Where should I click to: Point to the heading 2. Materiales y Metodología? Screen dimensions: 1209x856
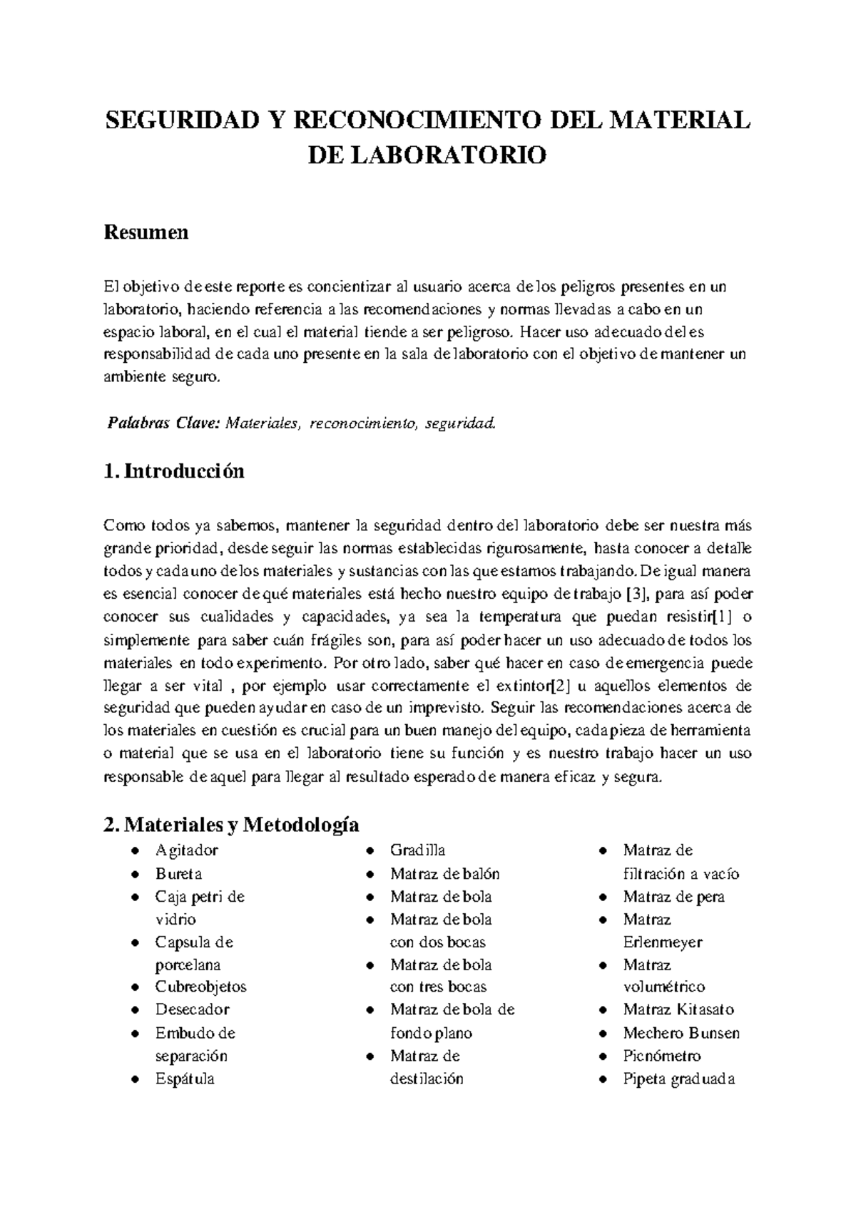click(230, 825)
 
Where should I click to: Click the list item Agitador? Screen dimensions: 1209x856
click(187, 850)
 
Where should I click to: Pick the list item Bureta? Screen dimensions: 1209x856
click(178, 873)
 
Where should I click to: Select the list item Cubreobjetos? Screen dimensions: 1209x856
click(200, 987)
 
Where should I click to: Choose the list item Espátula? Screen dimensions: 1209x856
click(185, 1079)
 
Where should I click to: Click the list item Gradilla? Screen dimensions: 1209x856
click(417, 850)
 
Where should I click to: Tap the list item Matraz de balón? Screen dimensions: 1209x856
click(444, 873)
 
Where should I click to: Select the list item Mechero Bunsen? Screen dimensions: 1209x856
click(681, 1033)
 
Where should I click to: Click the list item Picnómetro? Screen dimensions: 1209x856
click(661, 1056)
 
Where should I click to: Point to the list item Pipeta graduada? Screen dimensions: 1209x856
click(678, 1079)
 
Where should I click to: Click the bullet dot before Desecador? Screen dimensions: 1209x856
click(135, 1010)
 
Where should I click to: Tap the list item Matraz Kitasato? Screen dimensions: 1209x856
click(678, 1009)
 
